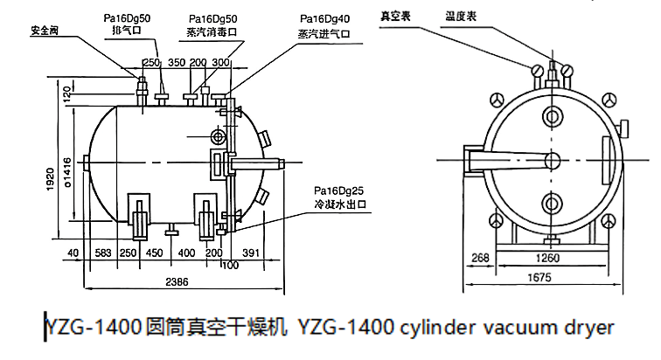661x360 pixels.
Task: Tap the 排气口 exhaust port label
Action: click(x=127, y=30)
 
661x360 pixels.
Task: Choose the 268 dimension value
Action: click(x=477, y=258)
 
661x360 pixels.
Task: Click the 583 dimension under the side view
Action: click(x=104, y=253)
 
